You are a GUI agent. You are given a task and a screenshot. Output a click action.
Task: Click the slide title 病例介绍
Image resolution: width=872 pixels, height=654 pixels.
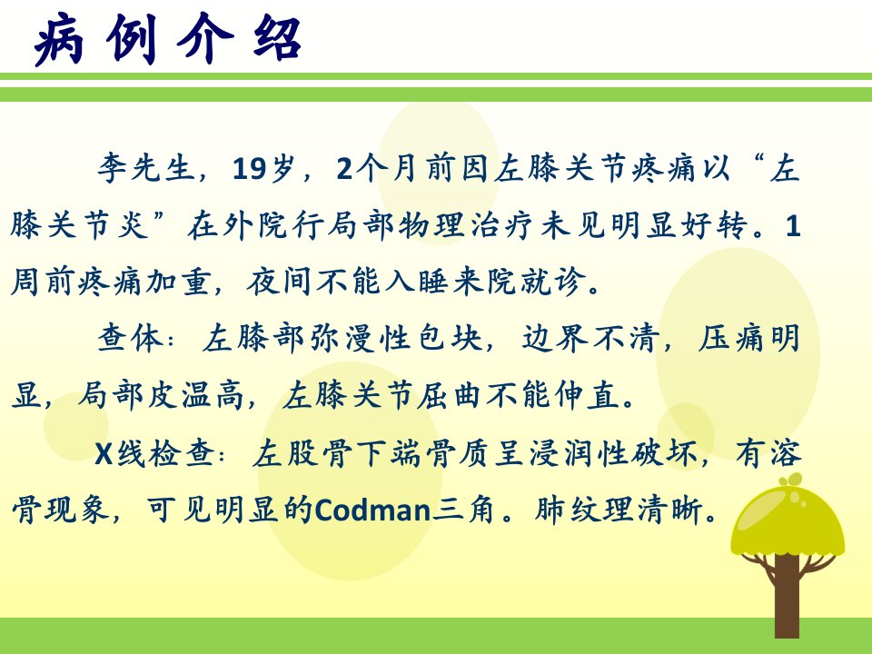pyautogui.click(x=167, y=39)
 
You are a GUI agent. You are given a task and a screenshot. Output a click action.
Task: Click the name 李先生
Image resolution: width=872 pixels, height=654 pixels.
pyautogui.click(x=145, y=167)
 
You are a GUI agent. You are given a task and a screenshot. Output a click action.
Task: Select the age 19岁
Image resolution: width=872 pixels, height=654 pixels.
pyautogui.click(x=263, y=167)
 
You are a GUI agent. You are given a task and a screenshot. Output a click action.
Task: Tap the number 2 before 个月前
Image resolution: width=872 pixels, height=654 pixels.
pyautogui.click(x=344, y=168)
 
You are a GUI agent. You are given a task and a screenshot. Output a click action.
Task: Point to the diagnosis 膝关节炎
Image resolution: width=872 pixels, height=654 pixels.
pyautogui.click(x=79, y=224)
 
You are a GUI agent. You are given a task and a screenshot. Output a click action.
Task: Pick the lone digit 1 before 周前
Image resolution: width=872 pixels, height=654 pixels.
pyautogui.click(x=792, y=225)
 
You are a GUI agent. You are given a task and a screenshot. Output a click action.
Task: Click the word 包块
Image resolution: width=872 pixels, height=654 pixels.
pyautogui.click(x=450, y=338)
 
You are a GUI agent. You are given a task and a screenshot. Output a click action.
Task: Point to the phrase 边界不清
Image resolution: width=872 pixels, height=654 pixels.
pyautogui.click(x=590, y=338)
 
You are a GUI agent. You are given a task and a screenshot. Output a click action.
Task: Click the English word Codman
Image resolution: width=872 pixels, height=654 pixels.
pyautogui.click(x=372, y=510)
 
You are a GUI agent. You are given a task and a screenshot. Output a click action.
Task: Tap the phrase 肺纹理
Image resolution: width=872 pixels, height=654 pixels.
pyautogui.click(x=585, y=510)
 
